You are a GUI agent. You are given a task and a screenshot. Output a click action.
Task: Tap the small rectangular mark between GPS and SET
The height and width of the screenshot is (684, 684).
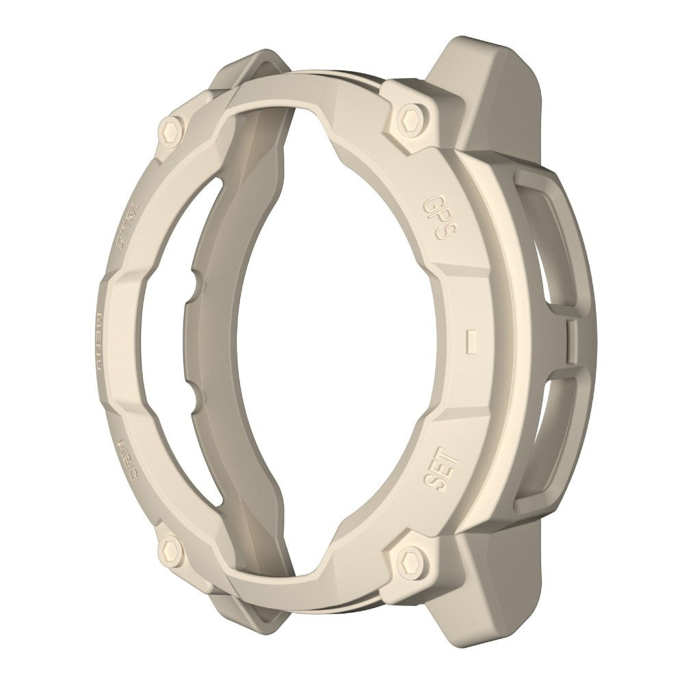(471, 340)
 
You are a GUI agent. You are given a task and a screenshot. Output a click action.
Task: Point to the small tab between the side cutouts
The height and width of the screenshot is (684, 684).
(573, 340)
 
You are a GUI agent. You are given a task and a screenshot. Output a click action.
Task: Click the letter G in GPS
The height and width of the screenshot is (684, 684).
(433, 203)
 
